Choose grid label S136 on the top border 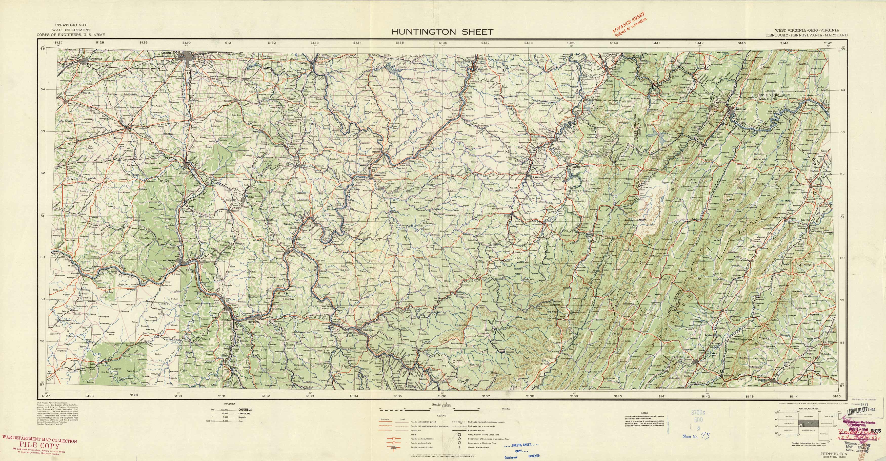coord(443,43)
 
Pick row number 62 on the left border coord(43,173)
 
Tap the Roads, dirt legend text coord(416,430)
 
